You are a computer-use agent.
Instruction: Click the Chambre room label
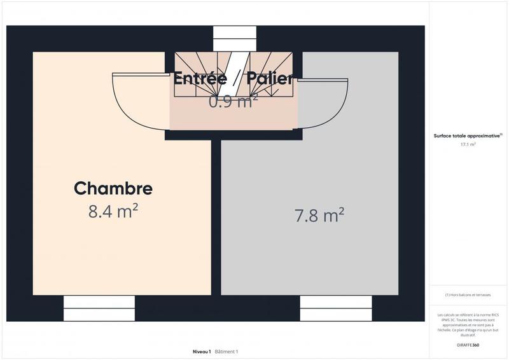tap(113, 189)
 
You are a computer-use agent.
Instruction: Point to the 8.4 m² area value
tap(113, 211)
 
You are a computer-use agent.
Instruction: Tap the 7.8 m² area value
tap(319, 216)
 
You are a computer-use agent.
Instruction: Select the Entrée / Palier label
tap(233, 80)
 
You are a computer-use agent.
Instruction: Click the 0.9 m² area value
tap(233, 100)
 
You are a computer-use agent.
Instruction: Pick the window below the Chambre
tap(99, 308)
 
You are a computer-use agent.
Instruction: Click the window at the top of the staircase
tap(234, 38)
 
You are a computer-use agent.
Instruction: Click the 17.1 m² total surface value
tap(468, 144)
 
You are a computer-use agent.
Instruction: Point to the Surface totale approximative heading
tap(468, 135)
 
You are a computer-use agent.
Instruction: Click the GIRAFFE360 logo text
tap(468, 345)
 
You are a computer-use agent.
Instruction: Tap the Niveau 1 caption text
tap(202, 352)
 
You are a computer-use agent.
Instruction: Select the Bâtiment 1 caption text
tap(227, 352)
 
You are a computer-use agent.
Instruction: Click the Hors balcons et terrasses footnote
tap(468, 294)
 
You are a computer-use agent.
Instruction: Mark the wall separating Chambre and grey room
tap(216, 216)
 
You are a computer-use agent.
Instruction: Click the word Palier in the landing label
tap(270, 80)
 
